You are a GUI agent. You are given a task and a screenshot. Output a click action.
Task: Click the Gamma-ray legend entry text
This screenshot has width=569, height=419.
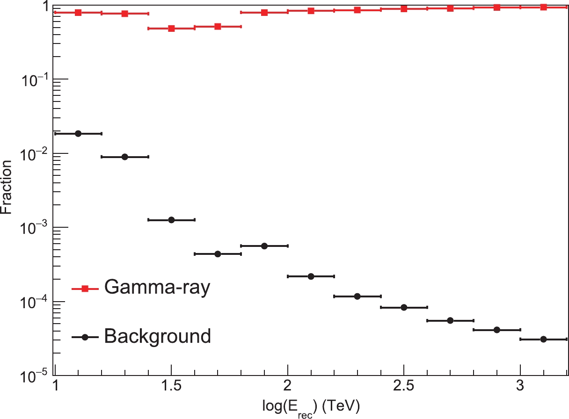coord(157,287)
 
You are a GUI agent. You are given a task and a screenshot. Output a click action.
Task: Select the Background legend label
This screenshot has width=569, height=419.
coord(157,336)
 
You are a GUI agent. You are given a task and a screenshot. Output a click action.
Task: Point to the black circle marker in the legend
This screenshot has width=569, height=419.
coord(85,336)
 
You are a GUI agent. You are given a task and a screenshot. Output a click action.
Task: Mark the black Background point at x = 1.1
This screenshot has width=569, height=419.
coord(78,134)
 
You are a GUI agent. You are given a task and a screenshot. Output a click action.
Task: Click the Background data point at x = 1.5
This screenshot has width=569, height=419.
coord(171,220)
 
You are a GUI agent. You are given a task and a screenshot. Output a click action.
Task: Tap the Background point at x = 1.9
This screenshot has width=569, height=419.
coord(264,246)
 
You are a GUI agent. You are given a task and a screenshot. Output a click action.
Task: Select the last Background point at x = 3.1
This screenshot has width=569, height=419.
coord(544,339)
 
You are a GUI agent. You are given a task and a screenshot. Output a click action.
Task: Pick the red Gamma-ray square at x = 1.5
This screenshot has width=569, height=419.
coord(171,29)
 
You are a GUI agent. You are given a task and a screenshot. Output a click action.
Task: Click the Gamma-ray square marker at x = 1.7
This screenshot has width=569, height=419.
coord(218,27)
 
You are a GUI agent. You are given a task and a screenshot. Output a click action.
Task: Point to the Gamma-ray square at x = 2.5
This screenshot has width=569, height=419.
coord(404,9)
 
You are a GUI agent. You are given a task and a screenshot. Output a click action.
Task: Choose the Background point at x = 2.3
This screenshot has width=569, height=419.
coord(357,296)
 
